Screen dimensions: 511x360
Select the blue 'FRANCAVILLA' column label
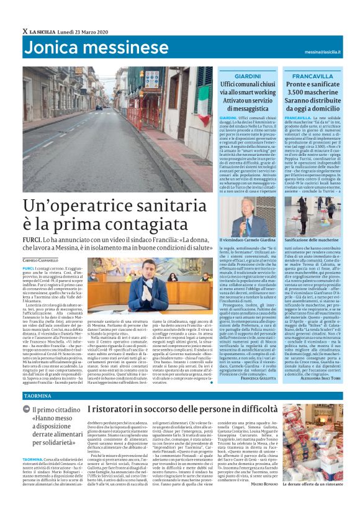click(307, 75)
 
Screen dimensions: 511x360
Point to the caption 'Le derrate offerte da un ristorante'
click(315, 499)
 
